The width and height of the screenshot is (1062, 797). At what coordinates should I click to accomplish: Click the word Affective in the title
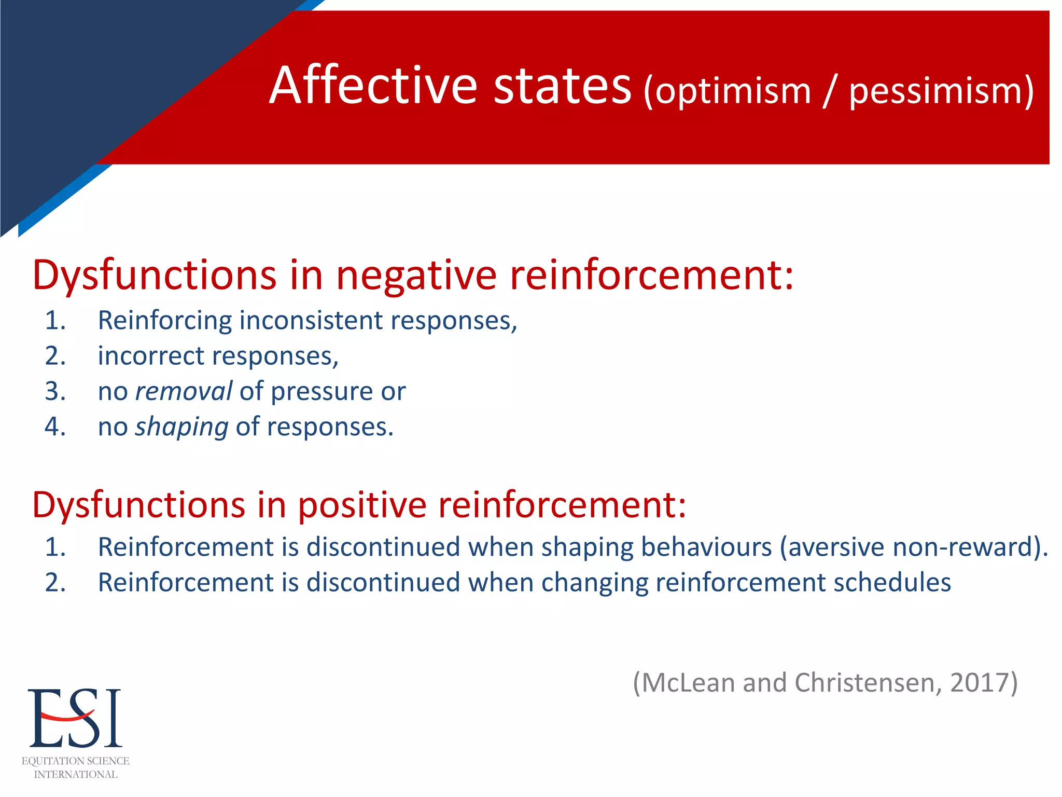[373, 85]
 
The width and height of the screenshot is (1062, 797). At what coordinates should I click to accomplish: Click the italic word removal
[184, 391]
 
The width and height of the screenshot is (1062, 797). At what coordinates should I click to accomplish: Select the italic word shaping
[181, 427]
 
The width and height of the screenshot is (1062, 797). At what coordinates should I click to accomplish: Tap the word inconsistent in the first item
[311, 320]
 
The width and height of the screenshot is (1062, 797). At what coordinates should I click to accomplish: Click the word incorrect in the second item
[151, 356]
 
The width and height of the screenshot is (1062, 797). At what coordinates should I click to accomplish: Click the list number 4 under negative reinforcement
[55, 427]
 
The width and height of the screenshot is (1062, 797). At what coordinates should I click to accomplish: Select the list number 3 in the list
[55, 391]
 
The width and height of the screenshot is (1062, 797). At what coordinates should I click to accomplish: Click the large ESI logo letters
[75, 719]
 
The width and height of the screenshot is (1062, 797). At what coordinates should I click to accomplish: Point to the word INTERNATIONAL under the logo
[76, 774]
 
